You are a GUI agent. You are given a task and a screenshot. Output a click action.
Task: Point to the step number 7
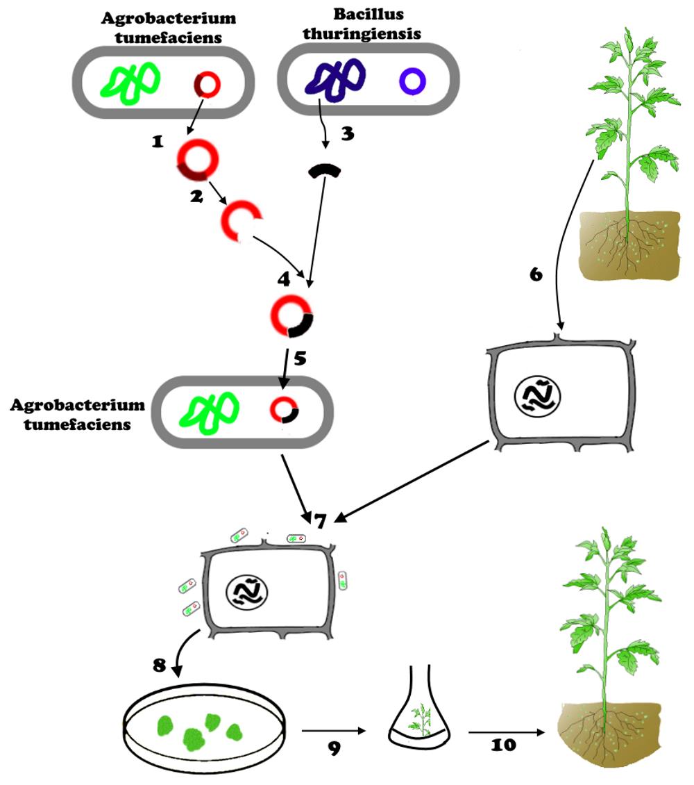(319, 520)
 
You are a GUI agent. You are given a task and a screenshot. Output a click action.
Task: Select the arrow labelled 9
(333, 731)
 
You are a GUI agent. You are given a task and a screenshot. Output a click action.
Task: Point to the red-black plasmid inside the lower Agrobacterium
(284, 410)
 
